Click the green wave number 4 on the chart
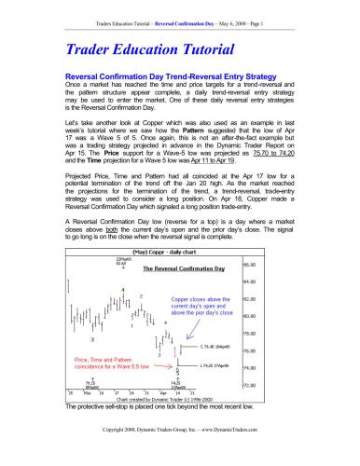coord(122,290)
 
